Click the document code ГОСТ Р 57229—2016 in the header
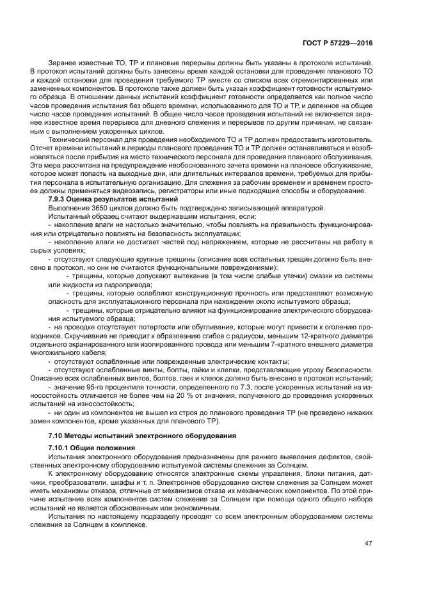pyautogui.click(x=338, y=42)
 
